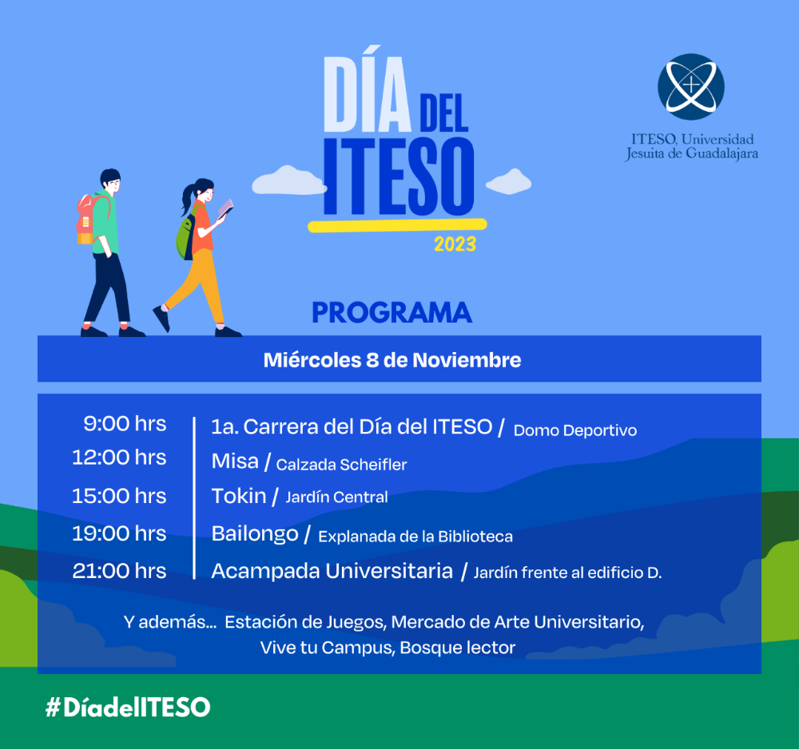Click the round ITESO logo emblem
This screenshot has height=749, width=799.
(x=691, y=87)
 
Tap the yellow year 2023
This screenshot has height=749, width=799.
(x=455, y=244)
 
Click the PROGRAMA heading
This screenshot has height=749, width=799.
(x=392, y=313)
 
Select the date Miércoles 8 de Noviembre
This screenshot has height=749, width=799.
(x=392, y=360)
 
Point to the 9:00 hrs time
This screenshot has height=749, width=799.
(x=125, y=424)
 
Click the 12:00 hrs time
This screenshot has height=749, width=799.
(x=119, y=458)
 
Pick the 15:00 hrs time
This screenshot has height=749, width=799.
(x=119, y=496)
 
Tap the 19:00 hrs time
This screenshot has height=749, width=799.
(x=119, y=533)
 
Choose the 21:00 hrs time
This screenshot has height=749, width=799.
(x=119, y=571)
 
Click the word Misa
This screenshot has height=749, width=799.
(x=235, y=462)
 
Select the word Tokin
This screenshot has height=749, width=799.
(x=238, y=496)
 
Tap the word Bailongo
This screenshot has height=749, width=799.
(x=255, y=534)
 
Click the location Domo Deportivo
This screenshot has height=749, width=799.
(x=575, y=430)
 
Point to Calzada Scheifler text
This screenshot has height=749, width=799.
(x=341, y=465)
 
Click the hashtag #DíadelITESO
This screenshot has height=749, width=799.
(x=128, y=707)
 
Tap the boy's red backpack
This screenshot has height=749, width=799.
(x=88, y=219)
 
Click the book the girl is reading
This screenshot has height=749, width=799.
(x=225, y=208)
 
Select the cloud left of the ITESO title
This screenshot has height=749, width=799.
(x=289, y=180)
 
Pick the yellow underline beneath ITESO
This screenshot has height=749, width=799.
(x=397, y=225)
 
